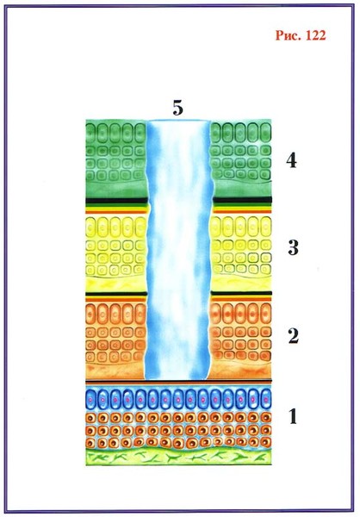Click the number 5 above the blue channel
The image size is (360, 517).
[177, 109]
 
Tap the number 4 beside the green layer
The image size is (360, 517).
[291, 161]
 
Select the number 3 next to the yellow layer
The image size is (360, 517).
[293, 247]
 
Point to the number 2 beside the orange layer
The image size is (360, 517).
[294, 336]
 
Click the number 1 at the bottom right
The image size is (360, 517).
[293, 416]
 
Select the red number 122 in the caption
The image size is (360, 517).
[316, 35]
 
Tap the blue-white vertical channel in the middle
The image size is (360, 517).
[178, 250]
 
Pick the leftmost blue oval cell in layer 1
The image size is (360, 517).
[91, 399]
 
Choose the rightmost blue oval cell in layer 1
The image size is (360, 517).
[265, 399]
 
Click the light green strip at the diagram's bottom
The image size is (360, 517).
[178, 457]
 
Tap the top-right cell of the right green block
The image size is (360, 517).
[266, 132]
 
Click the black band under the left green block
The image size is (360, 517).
[116, 200]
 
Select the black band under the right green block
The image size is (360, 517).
[242, 200]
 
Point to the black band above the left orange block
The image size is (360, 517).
[116, 294]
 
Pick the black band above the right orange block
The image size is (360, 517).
[241, 293]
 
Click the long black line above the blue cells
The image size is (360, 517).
[178, 381]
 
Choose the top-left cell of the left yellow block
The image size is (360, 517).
[91, 227]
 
